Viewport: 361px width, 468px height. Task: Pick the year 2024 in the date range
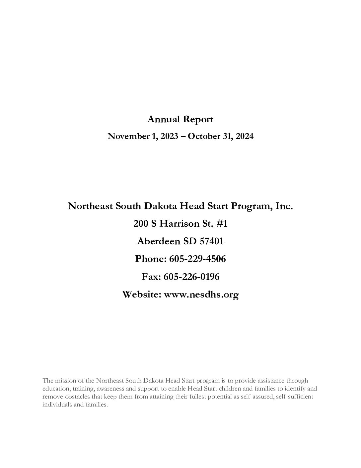(245, 136)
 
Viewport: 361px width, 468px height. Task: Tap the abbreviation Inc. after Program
(284, 206)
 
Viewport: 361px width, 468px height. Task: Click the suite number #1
(222, 224)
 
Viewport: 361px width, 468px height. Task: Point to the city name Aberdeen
(158, 241)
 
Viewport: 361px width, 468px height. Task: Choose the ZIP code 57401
(211, 241)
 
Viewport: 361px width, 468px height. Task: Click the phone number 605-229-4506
(197, 259)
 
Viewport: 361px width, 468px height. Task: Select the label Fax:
(151, 277)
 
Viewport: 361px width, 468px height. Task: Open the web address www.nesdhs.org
(201, 294)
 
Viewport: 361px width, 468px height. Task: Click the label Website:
(142, 294)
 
